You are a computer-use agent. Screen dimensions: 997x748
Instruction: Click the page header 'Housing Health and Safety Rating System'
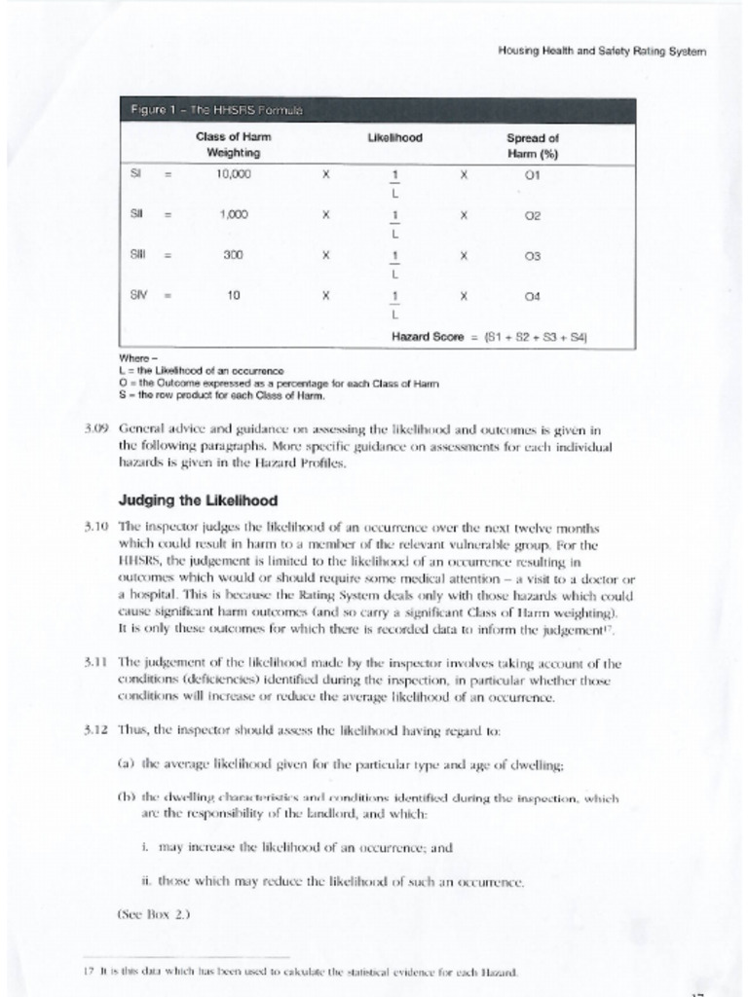(601, 51)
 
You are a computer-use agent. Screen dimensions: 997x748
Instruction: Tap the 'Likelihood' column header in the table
(394, 138)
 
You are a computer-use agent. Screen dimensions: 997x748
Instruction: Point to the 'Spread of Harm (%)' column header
(531, 145)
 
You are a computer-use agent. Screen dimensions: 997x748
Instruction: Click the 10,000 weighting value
(233, 174)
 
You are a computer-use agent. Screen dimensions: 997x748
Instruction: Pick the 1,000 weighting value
(233, 214)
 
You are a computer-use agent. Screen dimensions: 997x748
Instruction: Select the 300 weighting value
(233, 254)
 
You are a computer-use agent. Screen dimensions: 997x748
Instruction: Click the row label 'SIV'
(138, 294)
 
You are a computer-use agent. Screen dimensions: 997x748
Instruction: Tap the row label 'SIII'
(138, 254)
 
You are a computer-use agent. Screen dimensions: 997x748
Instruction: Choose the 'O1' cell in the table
(531, 175)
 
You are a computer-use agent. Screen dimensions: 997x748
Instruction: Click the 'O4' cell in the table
(531, 295)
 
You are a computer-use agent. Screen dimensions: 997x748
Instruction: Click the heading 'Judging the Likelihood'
(198, 500)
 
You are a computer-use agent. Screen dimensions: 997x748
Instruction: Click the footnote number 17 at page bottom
(88, 972)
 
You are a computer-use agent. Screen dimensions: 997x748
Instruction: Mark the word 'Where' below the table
(131, 358)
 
